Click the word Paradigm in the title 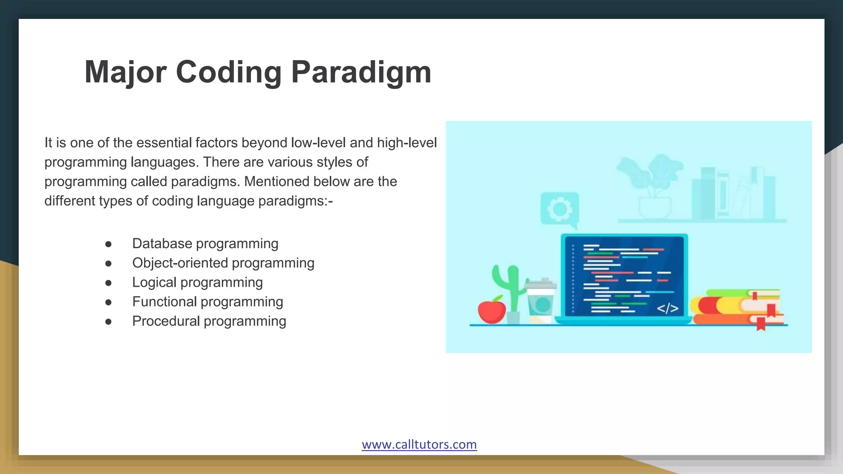point(361,72)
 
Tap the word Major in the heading point(125,72)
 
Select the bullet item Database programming point(205,244)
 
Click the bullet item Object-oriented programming point(223,263)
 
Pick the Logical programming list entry point(197,282)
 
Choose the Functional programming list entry point(207,302)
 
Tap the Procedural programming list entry point(209,321)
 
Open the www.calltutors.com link point(419,444)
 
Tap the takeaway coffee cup point(540,300)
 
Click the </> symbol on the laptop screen point(667,308)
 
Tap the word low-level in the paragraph point(318,143)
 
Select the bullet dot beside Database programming point(108,244)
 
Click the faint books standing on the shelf point(733,193)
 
